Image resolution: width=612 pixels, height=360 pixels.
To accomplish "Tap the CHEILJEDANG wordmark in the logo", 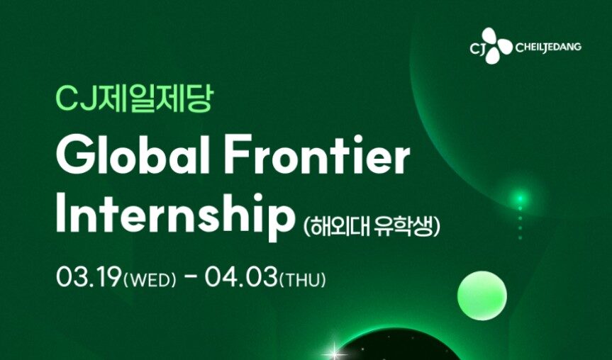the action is (548, 47).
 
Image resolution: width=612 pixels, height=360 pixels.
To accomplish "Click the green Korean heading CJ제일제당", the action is (134, 99).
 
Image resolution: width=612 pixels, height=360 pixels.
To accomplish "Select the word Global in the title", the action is (133, 154).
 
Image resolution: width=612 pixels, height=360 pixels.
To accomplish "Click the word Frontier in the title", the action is (317, 154).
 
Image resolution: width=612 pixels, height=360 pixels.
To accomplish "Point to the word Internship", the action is (175, 214).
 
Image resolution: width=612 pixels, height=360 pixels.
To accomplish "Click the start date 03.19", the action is (89, 278).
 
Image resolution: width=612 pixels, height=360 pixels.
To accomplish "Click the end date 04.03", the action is (242, 278).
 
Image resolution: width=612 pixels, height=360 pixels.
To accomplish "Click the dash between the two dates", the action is (191, 280).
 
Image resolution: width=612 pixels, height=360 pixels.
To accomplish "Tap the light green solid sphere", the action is (482, 296).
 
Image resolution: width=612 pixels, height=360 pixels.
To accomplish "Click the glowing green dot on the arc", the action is (520, 199).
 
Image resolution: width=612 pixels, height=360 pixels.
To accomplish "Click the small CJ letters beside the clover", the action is (477, 48).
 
